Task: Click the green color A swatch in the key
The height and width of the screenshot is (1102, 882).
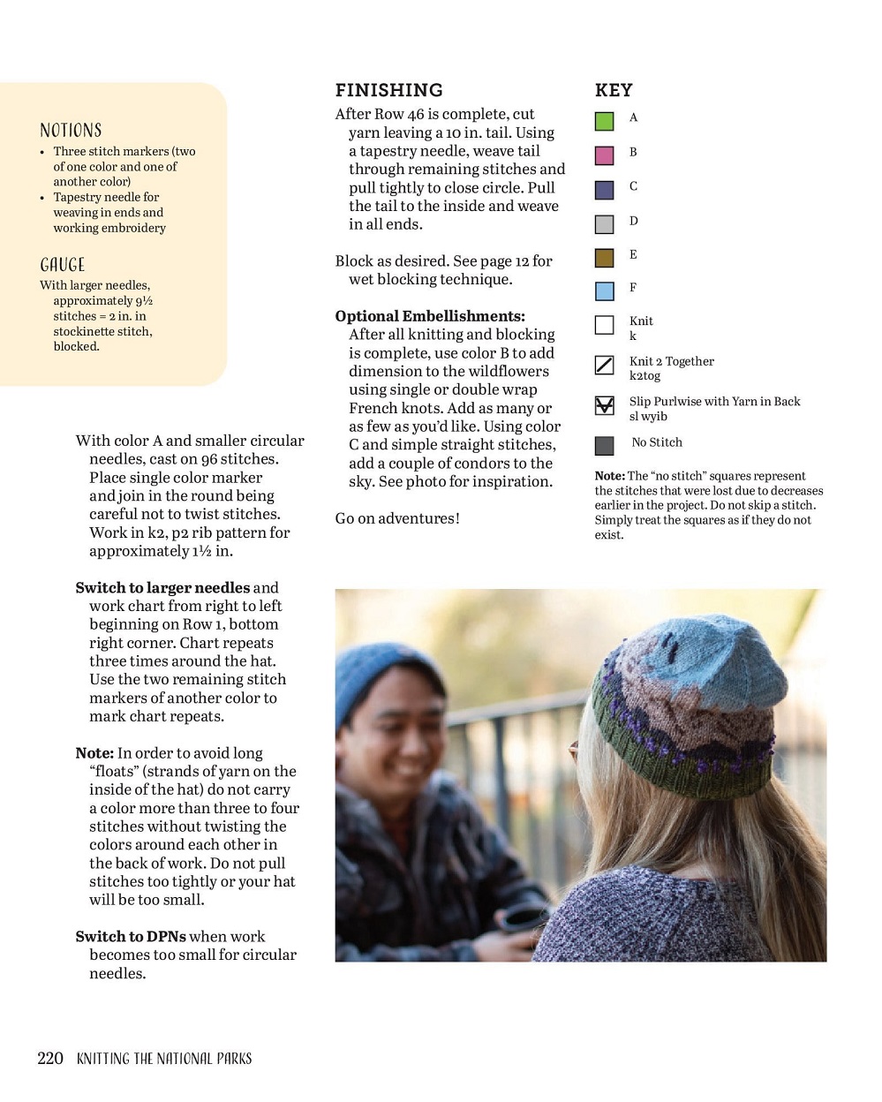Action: (604, 121)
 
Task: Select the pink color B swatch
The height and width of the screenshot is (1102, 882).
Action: (604, 155)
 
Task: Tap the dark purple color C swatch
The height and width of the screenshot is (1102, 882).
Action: (604, 190)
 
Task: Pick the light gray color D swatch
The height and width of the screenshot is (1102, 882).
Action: (604, 224)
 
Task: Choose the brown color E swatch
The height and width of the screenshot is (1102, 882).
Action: (604, 258)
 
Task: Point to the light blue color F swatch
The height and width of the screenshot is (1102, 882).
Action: (604, 291)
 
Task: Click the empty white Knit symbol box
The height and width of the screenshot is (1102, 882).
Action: (604, 325)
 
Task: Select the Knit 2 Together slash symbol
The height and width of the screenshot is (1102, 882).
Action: (604, 365)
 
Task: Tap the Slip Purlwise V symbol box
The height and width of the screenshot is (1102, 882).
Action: (604, 405)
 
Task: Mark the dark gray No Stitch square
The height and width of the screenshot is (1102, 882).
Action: (604, 445)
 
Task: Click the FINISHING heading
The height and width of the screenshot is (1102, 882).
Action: (388, 90)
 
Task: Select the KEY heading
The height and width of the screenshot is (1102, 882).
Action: (614, 90)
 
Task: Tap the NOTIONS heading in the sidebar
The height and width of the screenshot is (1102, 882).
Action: (71, 131)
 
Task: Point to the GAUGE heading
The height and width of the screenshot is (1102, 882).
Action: (63, 265)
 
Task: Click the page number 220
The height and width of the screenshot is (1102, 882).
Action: (50, 1058)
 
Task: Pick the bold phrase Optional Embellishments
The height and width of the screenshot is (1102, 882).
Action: (429, 316)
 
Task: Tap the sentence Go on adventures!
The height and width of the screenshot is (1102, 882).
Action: (397, 518)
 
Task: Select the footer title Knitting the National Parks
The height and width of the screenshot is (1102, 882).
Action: (164, 1058)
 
